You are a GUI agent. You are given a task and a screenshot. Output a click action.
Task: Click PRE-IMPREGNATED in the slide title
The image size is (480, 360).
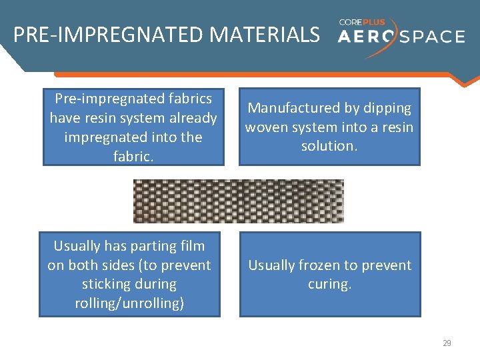(109, 35)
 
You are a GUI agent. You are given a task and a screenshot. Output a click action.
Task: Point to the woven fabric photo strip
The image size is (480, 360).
(238, 201)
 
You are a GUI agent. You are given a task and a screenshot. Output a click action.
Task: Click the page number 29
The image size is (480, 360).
(447, 343)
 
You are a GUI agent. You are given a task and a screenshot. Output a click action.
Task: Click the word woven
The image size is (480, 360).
(265, 127)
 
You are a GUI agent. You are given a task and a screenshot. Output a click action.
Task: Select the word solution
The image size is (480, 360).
(329, 145)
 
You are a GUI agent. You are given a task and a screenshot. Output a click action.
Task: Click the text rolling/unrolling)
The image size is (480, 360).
(129, 303)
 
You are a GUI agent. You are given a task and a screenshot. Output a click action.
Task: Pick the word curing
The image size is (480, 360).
(329, 284)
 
